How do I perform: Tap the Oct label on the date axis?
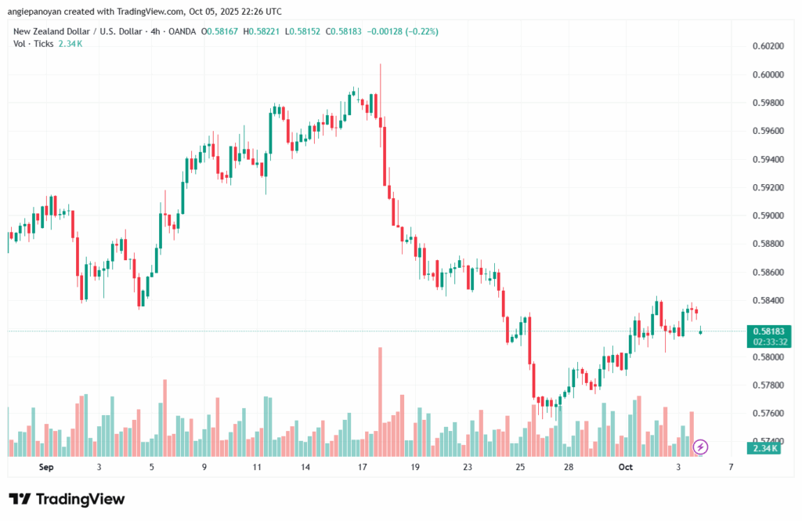[x=625, y=467]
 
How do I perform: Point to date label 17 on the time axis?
[x=363, y=467]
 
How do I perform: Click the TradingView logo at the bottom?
[x=67, y=499]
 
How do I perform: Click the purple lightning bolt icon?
[x=701, y=447]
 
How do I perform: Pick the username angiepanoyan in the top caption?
[x=37, y=11]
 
